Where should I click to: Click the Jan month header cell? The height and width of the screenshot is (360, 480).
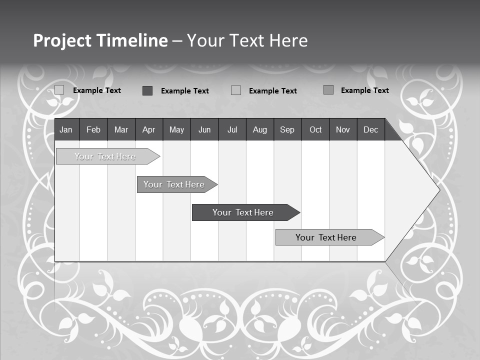66,129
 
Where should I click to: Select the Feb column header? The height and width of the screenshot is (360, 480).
93,129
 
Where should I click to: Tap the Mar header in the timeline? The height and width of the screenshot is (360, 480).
121,129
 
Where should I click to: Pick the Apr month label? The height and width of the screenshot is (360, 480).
149,129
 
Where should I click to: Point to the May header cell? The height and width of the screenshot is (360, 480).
176,129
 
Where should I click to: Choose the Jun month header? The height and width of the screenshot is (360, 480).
204,129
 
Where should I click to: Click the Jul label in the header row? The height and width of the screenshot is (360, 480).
232,129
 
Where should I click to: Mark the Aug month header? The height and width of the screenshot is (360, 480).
260,129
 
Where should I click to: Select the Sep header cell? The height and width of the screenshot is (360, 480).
287,129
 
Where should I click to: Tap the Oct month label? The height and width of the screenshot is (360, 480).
315,129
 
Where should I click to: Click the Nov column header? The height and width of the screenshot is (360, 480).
343,129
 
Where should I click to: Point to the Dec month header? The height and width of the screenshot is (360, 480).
371,129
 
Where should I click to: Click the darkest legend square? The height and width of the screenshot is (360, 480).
147,90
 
